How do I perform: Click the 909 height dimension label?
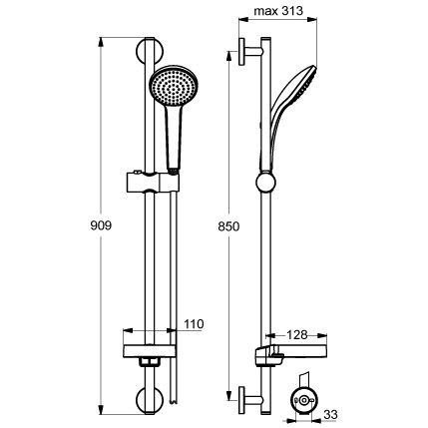[x=101, y=225]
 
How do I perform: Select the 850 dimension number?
[x=228, y=226]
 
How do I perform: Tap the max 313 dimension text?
[x=278, y=11]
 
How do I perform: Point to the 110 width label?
[x=194, y=324]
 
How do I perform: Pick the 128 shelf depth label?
[x=297, y=335]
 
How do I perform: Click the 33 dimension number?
[x=330, y=414]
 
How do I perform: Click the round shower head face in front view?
[x=174, y=86]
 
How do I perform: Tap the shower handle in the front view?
[x=174, y=137]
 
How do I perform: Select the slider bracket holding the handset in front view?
[x=153, y=182]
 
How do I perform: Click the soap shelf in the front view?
[x=149, y=351]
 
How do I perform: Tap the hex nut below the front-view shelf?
[x=150, y=361]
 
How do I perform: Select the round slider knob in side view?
[x=266, y=183]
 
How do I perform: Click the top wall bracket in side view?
[x=251, y=52]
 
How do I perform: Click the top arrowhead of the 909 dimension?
[x=102, y=42]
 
